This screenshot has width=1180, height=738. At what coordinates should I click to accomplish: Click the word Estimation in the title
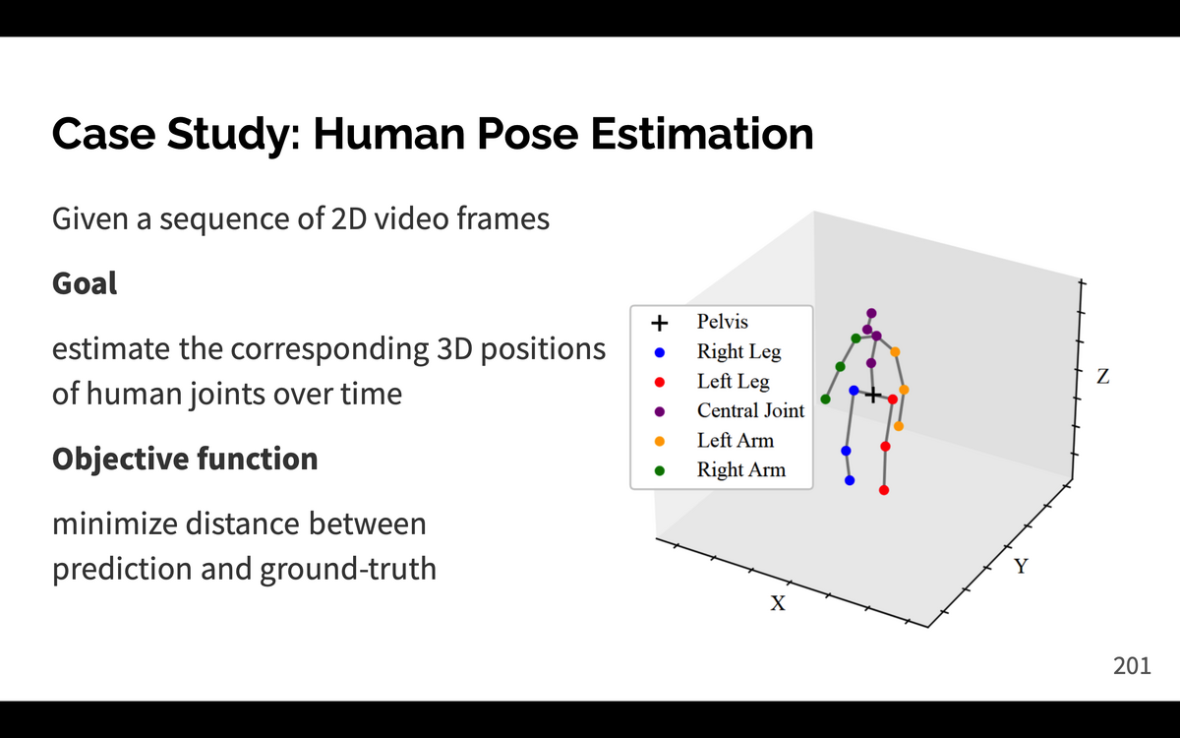click(x=702, y=134)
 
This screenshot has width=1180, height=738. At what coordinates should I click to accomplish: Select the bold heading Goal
click(x=85, y=283)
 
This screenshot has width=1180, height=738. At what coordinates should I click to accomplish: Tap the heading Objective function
click(x=185, y=460)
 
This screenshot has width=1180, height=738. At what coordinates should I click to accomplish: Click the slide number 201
click(x=1132, y=666)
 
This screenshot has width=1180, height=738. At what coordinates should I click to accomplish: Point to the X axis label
click(x=778, y=603)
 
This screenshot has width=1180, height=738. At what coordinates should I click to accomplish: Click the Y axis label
click(x=1021, y=566)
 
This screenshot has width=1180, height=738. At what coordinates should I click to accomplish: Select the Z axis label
click(x=1103, y=376)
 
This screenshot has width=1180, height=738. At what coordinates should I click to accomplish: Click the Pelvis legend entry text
click(x=722, y=322)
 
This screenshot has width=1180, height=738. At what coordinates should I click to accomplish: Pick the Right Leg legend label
click(x=739, y=351)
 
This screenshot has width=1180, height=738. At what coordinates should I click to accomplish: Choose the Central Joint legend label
click(x=750, y=410)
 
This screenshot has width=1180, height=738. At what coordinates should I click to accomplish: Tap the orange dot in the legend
click(x=659, y=441)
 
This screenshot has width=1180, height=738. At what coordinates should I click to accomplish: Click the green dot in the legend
click(x=659, y=470)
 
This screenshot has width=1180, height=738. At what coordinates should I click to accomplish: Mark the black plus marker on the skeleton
click(x=873, y=395)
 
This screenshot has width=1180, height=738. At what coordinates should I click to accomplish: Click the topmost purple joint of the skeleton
click(x=871, y=313)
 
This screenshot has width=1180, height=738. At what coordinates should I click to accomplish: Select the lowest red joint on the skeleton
click(x=884, y=490)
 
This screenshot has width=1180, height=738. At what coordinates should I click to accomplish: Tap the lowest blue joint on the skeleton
click(x=850, y=480)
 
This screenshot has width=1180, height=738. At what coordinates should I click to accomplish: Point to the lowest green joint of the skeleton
click(x=825, y=400)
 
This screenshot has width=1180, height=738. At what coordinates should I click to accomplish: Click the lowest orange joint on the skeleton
click(x=899, y=426)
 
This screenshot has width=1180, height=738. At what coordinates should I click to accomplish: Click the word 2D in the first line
click(x=349, y=218)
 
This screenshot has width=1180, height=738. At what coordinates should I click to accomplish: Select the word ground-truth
click(x=348, y=570)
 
